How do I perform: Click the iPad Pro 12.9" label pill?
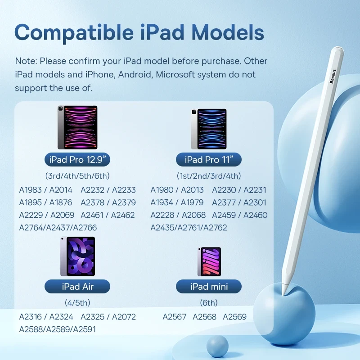click(x=77, y=159)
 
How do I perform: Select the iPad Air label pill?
click(x=77, y=286)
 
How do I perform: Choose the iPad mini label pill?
click(x=209, y=286)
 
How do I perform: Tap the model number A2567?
click(x=175, y=317)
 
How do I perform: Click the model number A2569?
click(x=235, y=317)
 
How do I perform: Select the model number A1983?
click(x=31, y=190)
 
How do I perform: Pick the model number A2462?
click(x=123, y=215)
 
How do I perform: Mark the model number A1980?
click(x=162, y=190)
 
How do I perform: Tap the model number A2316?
click(x=31, y=317)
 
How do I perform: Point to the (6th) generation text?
click(x=209, y=302)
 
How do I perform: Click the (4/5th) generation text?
click(x=77, y=302)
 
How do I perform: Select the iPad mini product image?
click(x=209, y=261)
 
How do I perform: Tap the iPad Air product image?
click(x=77, y=256)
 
